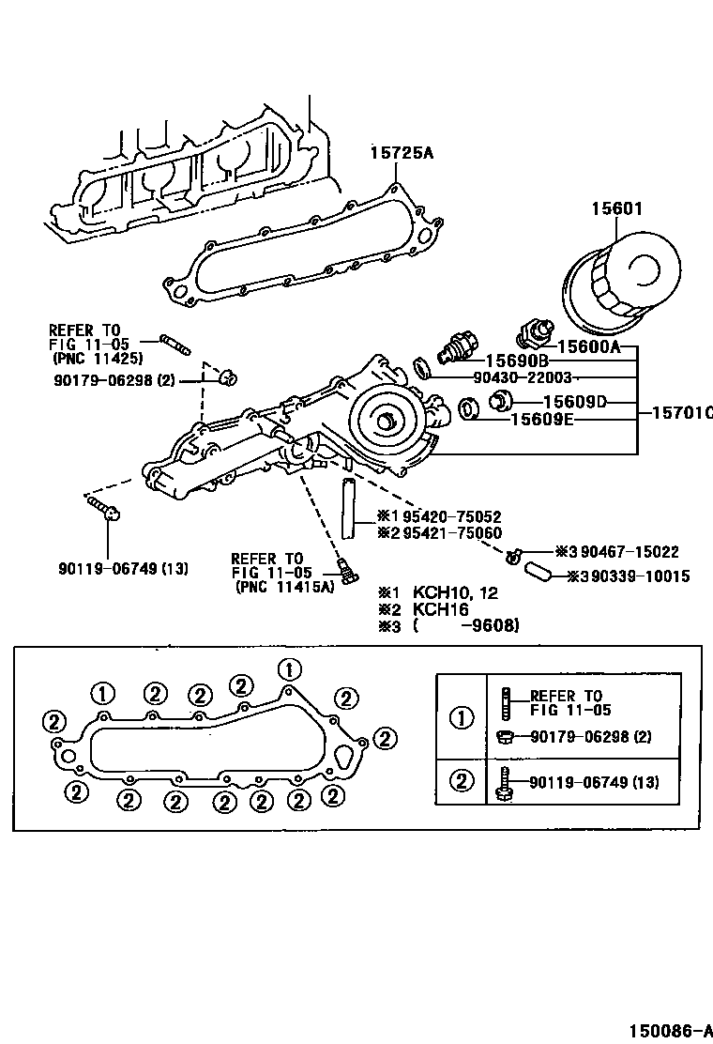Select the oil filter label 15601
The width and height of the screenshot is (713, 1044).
tap(616, 208)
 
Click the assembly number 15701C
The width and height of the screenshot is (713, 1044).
tap(681, 411)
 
